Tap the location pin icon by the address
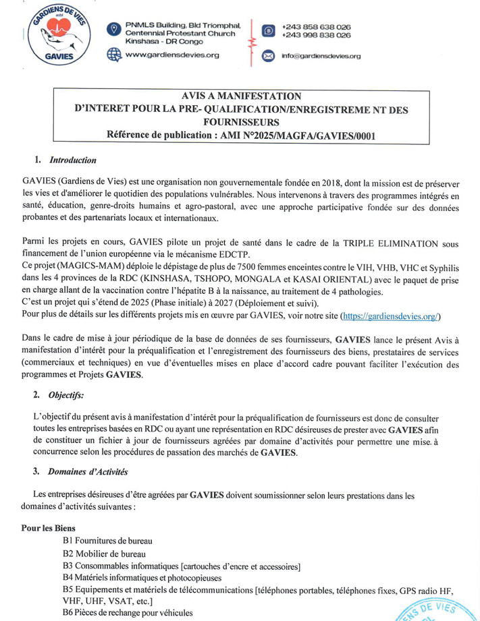tap(114, 29)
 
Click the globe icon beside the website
tap(114, 55)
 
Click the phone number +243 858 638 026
tap(316, 26)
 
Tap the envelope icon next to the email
tap(268, 55)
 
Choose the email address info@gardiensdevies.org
tap(321, 56)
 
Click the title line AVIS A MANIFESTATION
tap(241, 96)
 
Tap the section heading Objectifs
tap(66, 396)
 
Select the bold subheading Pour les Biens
tap(48, 528)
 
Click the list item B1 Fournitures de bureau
tap(107, 540)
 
